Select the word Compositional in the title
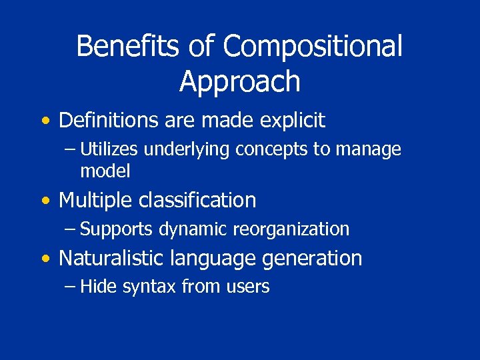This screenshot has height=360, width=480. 313,47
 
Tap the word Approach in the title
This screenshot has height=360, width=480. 240,81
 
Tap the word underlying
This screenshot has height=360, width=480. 189,150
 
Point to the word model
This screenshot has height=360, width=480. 105,171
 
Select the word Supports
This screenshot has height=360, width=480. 117,229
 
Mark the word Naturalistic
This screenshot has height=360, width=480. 113,258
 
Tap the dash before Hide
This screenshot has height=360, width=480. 71,287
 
